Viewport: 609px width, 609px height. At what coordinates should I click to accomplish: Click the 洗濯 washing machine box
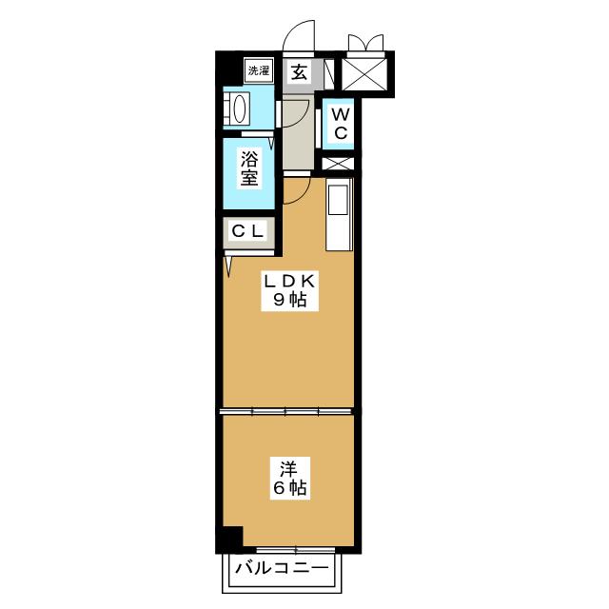(258, 70)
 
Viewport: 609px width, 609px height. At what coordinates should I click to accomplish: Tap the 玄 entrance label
(298, 72)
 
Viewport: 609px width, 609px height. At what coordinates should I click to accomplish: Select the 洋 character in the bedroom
(288, 469)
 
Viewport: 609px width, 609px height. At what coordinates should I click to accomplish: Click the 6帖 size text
(288, 490)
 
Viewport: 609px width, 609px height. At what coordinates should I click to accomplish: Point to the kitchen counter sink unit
(339, 216)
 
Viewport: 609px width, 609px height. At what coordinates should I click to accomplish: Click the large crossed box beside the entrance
(366, 72)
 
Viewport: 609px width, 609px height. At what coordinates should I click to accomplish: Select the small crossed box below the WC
(339, 163)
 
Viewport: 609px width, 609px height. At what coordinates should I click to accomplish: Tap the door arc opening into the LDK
(294, 189)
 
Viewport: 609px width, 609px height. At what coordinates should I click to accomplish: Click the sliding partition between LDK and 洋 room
(288, 412)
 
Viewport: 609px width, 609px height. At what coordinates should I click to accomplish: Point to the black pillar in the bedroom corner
(228, 538)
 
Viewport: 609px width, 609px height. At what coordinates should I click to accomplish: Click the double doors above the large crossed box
(366, 43)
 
